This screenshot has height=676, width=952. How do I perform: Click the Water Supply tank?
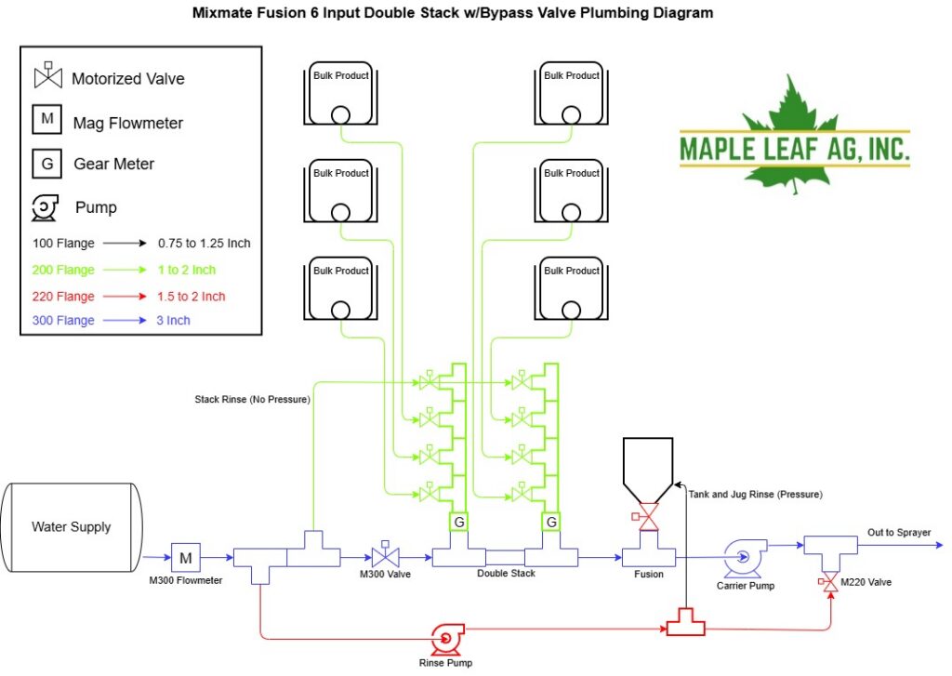tap(72, 527)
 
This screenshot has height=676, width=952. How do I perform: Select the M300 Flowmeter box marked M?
tap(186, 558)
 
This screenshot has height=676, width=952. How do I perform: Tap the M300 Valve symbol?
tap(385, 555)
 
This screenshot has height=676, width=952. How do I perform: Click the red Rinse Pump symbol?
tap(448, 639)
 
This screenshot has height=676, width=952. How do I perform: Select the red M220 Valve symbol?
tap(830, 582)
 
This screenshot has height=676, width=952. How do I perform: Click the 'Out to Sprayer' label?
tap(899, 533)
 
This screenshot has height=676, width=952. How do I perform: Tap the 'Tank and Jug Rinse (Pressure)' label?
tap(755, 495)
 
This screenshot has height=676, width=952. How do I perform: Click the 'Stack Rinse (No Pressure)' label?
tap(252, 399)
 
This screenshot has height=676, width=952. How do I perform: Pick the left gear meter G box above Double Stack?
tap(459, 522)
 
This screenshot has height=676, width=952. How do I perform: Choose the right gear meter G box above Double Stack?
tap(551, 522)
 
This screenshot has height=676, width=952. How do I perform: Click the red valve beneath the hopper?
tap(647, 517)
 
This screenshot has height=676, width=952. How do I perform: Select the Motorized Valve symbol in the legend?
tap(48, 75)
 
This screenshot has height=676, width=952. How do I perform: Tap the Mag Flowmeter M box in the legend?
tap(46, 119)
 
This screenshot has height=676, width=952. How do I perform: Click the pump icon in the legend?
tap(45, 207)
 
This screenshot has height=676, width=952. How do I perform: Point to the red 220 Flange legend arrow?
tap(125, 297)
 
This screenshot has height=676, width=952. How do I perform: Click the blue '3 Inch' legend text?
tap(173, 320)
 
